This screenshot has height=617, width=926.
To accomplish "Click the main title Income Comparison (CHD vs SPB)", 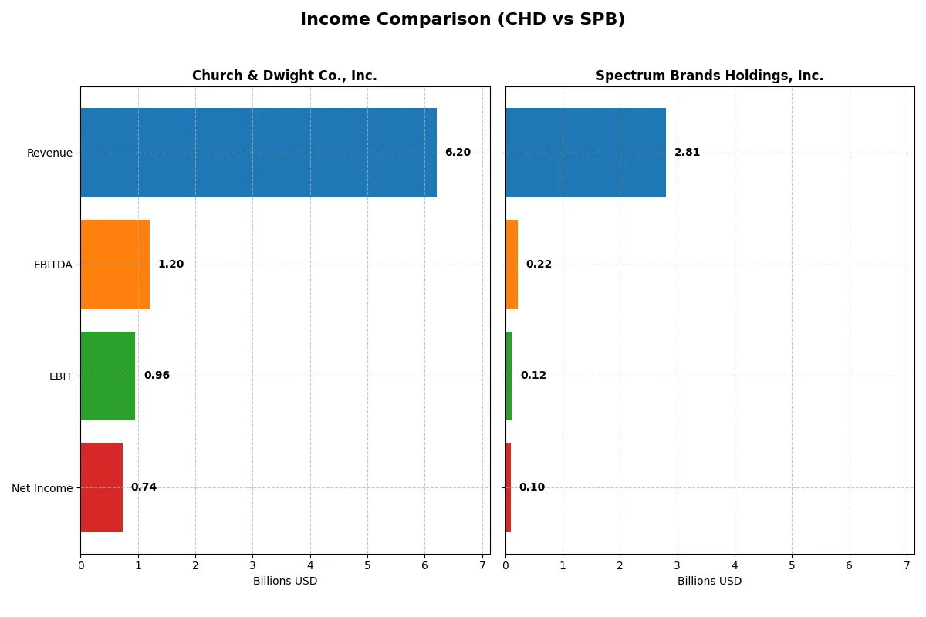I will [x=462, y=19].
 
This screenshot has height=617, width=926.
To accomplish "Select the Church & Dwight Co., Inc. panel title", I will [x=284, y=76].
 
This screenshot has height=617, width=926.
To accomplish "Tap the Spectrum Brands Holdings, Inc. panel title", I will [x=709, y=76].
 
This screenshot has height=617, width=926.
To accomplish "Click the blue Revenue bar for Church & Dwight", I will [x=259, y=153].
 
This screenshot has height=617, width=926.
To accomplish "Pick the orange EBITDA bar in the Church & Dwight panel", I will [x=115, y=265].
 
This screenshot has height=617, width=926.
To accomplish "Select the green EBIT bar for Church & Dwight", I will [x=108, y=376].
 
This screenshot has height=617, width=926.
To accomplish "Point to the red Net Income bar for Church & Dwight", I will [x=102, y=487].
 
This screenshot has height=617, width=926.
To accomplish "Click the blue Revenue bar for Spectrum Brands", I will [x=586, y=153].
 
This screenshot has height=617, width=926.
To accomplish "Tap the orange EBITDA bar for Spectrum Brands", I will [x=512, y=265].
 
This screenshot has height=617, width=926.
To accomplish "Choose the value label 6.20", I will [x=458, y=153].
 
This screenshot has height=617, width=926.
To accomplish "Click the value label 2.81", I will [x=687, y=153].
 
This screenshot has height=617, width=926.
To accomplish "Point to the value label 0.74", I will [x=144, y=487].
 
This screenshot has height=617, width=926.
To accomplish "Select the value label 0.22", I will [x=539, y=265].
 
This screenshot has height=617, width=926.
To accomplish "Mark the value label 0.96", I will [x=157, y=376].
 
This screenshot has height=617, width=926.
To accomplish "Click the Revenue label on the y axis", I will [x=49, y=153].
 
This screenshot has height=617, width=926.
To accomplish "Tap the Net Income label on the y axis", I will [x=42, y=488].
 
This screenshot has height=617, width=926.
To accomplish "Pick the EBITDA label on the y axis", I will [x=52, y=265].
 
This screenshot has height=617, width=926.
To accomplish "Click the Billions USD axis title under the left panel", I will [x=285, y=581].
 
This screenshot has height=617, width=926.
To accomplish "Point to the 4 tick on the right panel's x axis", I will [x=735, y=565].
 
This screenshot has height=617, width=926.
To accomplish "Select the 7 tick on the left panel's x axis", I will [x=482, y=565].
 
